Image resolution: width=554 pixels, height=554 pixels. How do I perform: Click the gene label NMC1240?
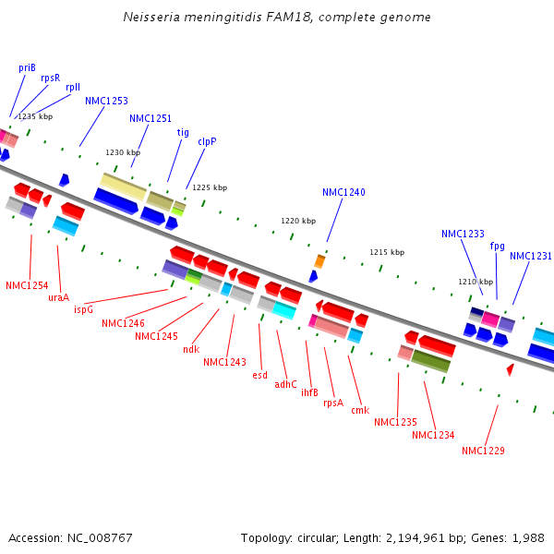point(343,193)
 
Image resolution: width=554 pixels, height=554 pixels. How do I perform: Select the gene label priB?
point(27,67)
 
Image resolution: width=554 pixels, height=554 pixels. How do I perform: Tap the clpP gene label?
point(207,142)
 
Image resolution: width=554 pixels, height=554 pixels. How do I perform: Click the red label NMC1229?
point(483,451)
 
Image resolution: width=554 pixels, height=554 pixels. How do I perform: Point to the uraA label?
point(58,297)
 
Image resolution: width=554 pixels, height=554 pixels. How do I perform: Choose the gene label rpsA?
point(332,403)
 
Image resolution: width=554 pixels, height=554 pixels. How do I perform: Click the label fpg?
point(498,247)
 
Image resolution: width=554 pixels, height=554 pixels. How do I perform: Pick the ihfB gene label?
point(309,392)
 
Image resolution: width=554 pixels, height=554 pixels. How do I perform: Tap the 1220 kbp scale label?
point(298,222)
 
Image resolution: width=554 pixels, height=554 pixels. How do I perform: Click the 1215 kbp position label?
point(387,252)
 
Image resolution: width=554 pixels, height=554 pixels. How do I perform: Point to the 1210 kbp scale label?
point(476,282)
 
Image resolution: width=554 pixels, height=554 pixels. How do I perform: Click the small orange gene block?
point(319,261)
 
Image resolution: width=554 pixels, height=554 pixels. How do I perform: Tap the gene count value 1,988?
point(529,537)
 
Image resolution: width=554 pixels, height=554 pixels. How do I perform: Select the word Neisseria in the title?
point(151,18)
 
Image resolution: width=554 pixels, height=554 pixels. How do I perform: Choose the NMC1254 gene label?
point(27,286)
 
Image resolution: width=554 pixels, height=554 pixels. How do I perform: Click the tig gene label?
point(183,132)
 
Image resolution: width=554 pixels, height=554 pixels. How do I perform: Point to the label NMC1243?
point(224,362)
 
